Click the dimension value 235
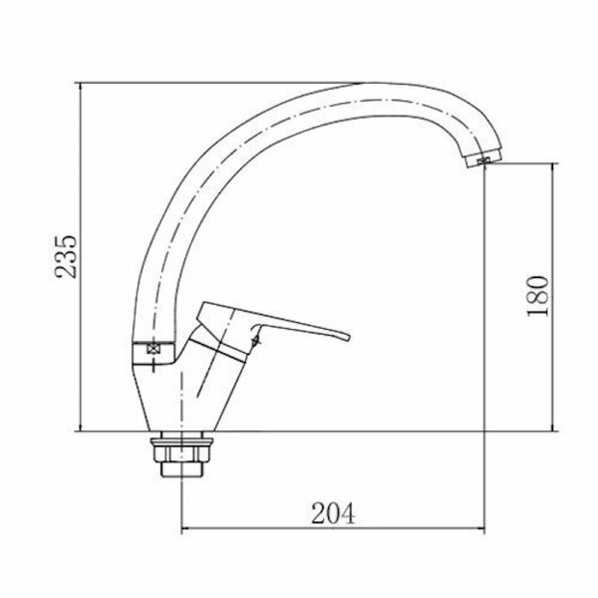[x=67, y=257]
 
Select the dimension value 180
[x=538, y=296]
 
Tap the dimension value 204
[x=333, y=513]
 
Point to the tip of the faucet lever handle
[x=349, y=337]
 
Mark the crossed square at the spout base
[x=152, y=348]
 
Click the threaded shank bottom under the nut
[x=182, y=469]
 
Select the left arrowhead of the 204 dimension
[x=183, y=529]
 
